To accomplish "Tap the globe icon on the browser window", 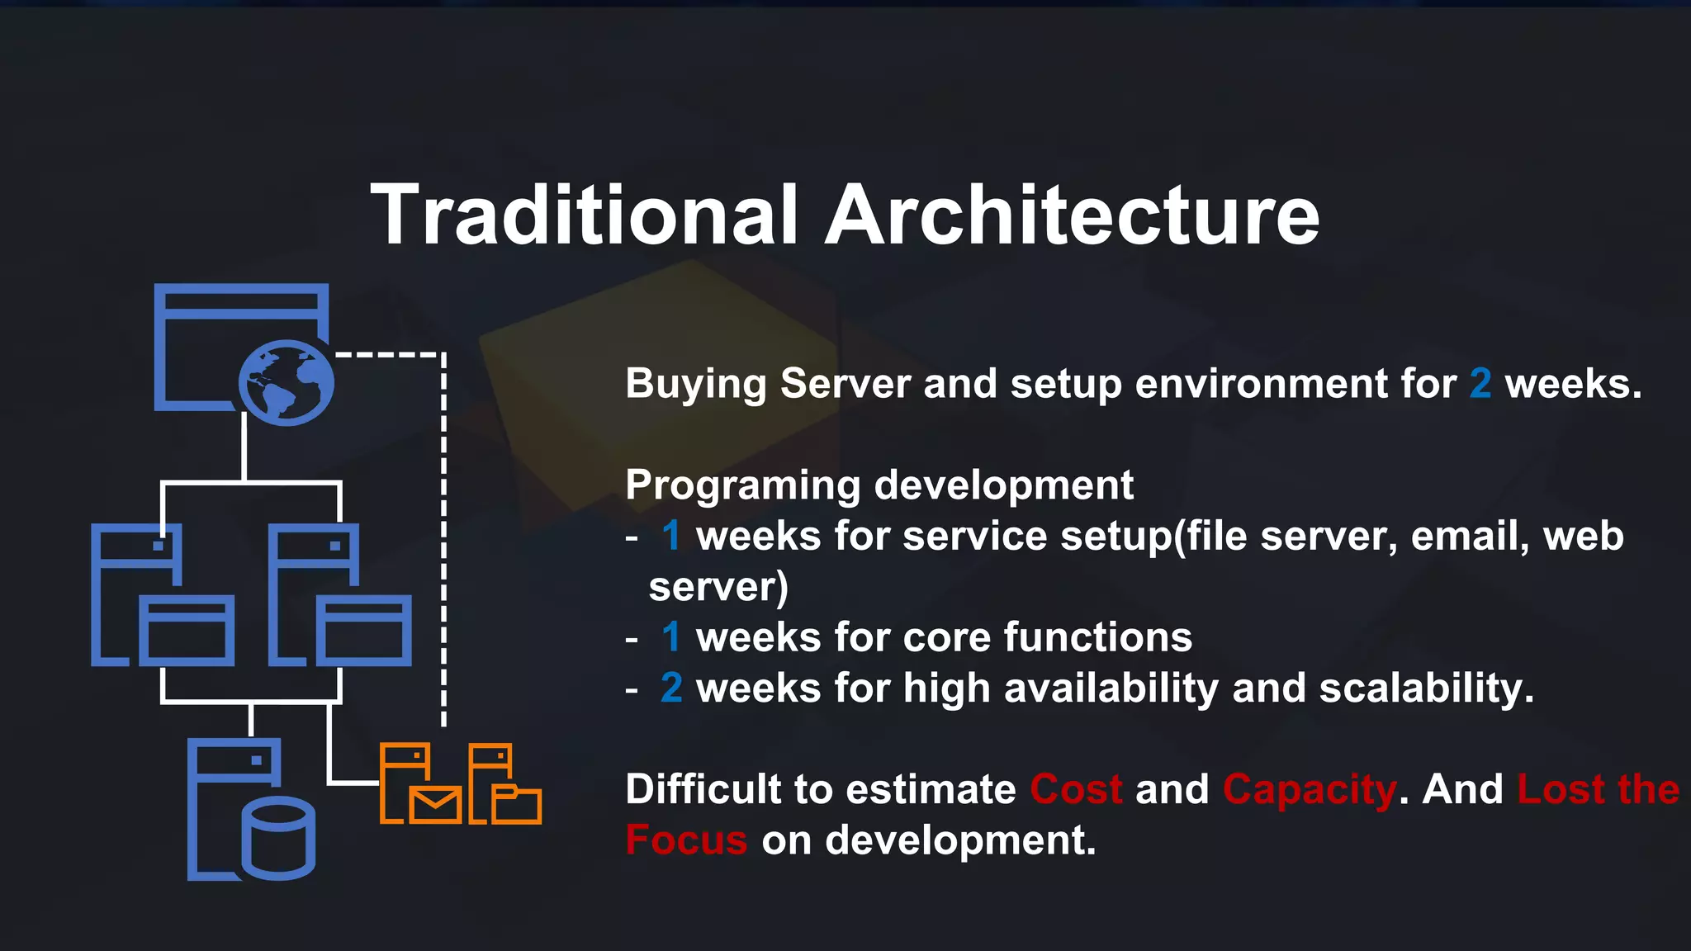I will tap(287, 383).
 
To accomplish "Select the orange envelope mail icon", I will tap(435, 805).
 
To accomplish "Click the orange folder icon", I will tap(517, 805).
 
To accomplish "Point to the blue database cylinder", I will tap(279, 837).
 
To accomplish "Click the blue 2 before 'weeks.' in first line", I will tap(1480, 384).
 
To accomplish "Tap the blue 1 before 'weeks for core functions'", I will tap(670, 637).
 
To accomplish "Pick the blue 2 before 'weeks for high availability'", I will tap(671, 688).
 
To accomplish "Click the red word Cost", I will tap(1076, 789).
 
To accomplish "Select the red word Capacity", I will tap(1310, 791).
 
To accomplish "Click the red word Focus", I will tap(686, 840).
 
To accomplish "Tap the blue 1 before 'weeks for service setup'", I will tap(670, 537).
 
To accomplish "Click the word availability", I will tap(1111, 688).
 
